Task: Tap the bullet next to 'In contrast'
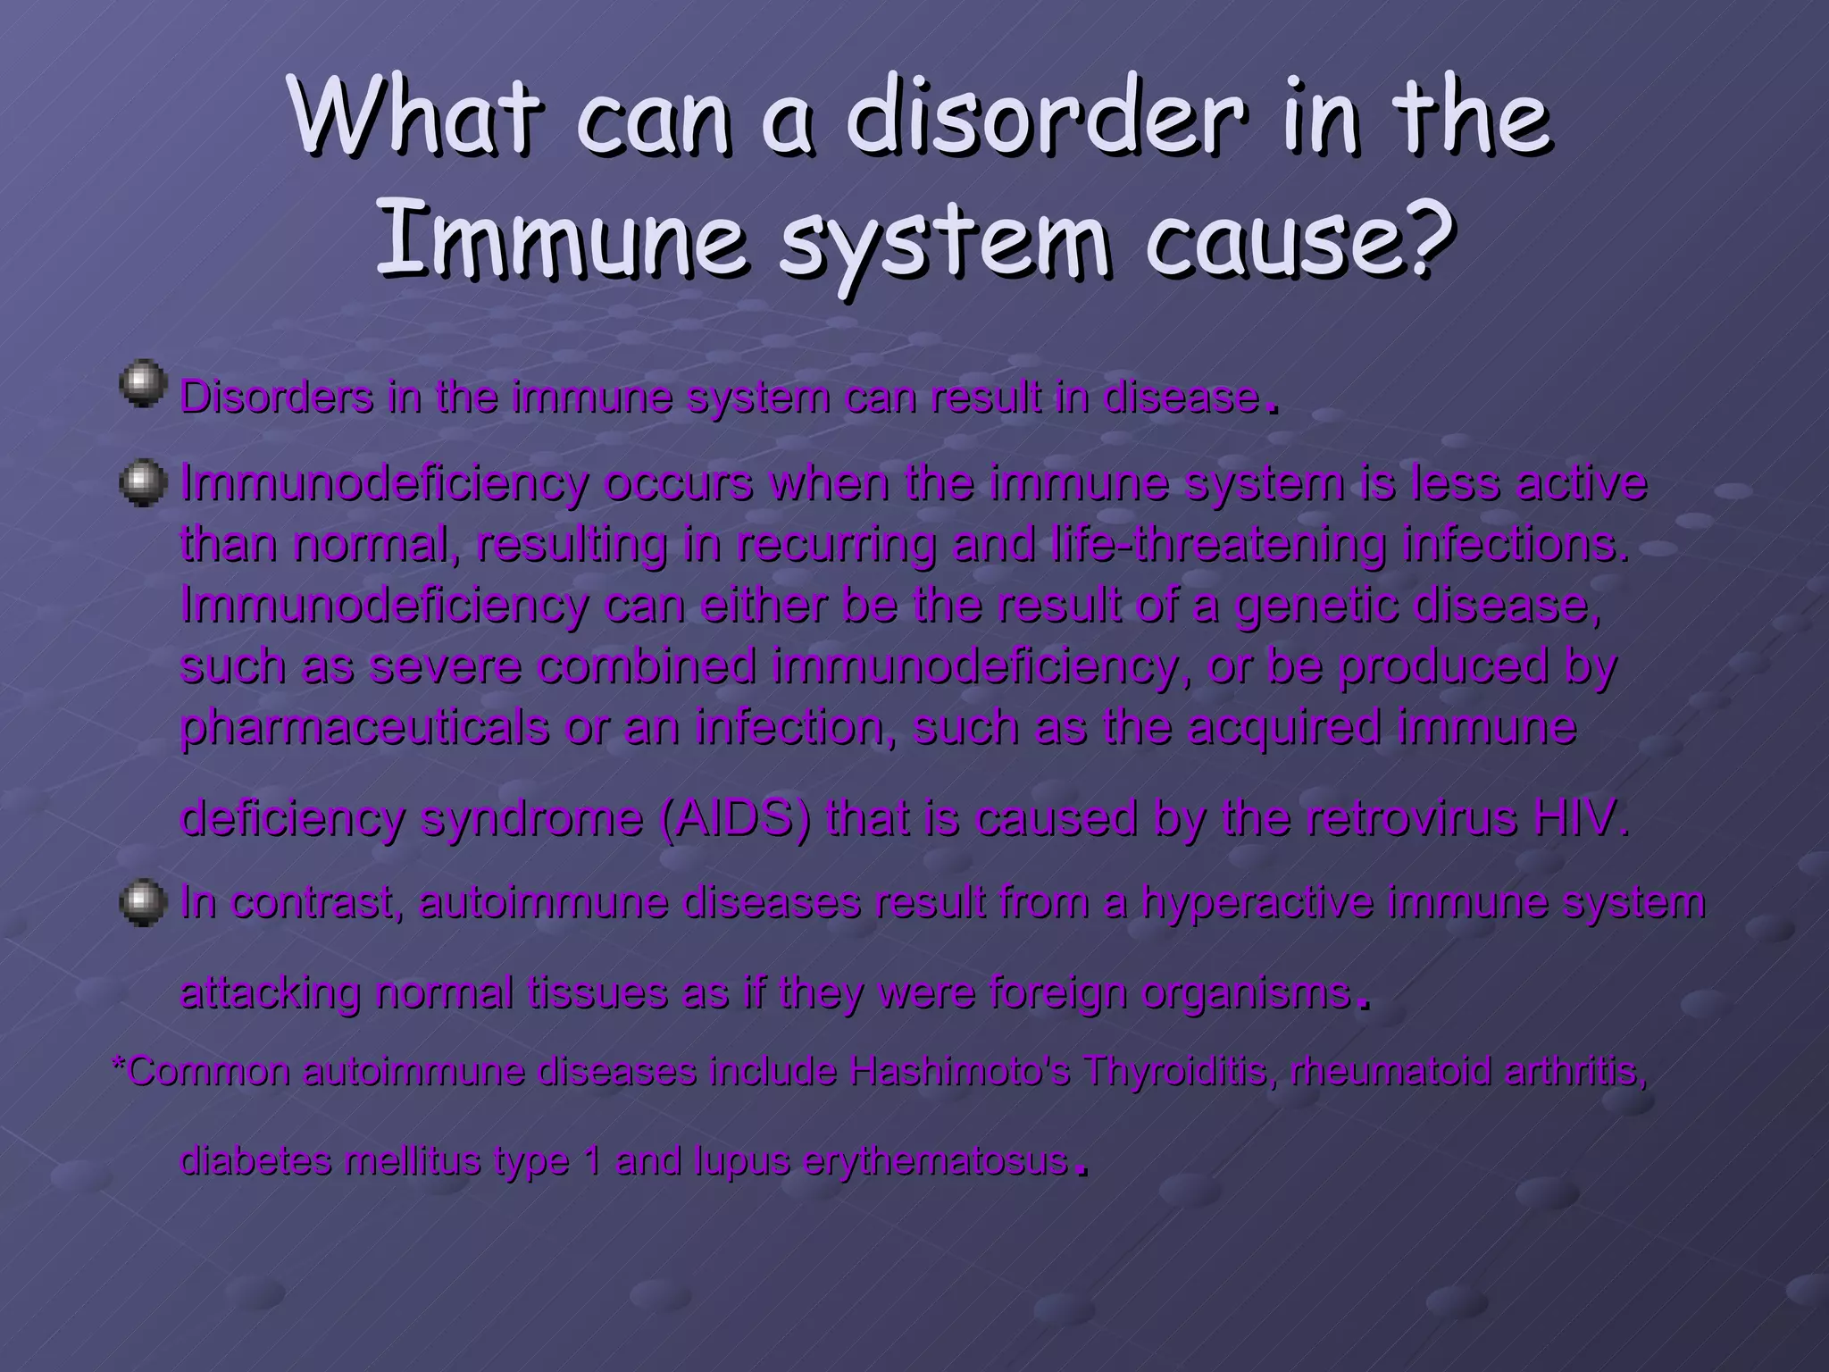click(142, 902)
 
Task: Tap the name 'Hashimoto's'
click(960, 1071)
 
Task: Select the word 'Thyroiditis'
click(1180, 1071)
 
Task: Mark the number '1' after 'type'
click(590, 1161)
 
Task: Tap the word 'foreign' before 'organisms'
click(1063, 993)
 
